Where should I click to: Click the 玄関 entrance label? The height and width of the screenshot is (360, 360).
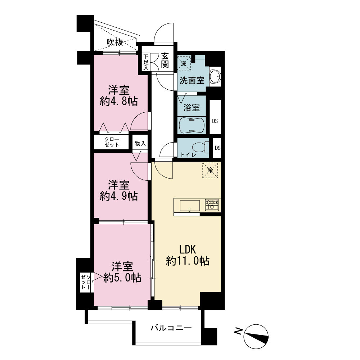(165, 60)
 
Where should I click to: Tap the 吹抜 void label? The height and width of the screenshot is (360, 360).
(115, 42)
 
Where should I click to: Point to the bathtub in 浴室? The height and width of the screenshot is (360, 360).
(192, 125)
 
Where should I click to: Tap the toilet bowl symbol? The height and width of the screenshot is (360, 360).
(200, 147)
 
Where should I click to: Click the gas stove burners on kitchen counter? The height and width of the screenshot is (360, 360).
(212, 205)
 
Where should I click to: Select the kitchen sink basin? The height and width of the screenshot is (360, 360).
(190, 206)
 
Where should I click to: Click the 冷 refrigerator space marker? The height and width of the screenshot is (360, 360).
(210, 170)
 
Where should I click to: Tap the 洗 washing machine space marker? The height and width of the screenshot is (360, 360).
(184, 63)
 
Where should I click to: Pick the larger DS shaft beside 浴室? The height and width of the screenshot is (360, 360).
(215, 117)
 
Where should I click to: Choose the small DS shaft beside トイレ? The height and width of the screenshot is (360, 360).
(217, 148)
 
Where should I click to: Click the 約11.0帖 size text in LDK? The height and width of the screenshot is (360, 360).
(188, 261)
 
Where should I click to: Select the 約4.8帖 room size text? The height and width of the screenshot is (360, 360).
(119, 101)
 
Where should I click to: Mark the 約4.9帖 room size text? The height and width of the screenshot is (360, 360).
(119, 196)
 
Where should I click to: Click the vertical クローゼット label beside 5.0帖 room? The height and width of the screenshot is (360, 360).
(86, 282)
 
